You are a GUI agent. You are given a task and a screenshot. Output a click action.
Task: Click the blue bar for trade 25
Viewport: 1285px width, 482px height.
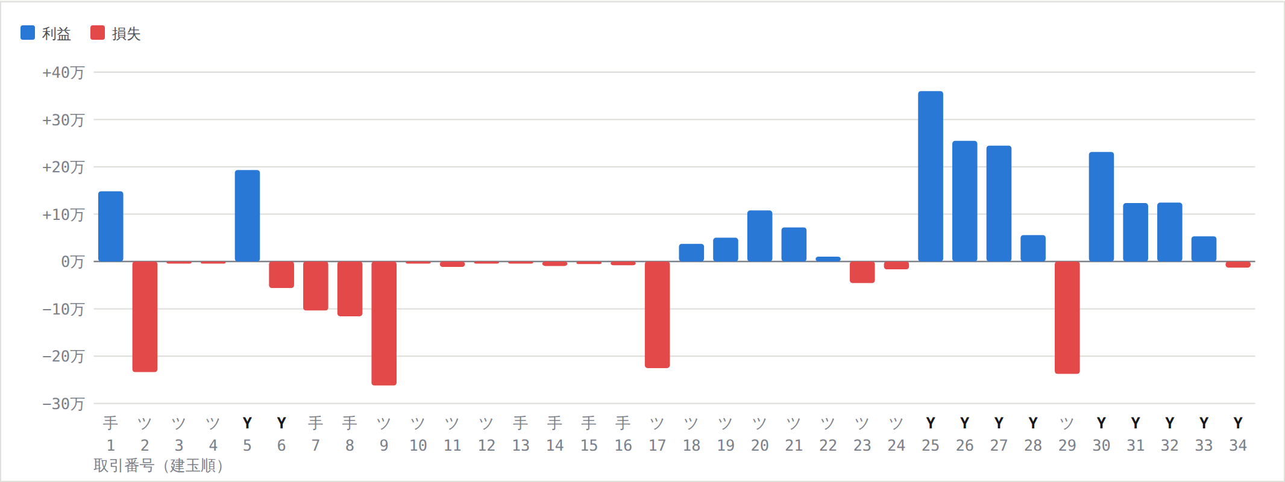click(x=931, y=176)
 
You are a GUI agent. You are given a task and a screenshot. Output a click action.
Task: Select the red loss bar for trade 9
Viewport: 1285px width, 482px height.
click(x=384, y=323)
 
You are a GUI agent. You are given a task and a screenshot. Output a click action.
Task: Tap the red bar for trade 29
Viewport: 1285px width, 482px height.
click(x=1067, y=318)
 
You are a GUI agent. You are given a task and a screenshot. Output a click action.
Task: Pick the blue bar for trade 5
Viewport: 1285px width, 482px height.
click(x=247, y=216)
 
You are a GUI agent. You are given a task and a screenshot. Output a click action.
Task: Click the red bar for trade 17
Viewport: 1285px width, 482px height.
click(x=657, y=315)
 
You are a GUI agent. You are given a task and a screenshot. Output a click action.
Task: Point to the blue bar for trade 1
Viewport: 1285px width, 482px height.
click(x=111, y=227)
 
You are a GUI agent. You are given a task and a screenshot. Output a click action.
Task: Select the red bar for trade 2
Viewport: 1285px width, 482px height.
click(x=145, y=316)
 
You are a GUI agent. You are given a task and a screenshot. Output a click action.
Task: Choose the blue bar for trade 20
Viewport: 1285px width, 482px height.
click(x=760, y=236)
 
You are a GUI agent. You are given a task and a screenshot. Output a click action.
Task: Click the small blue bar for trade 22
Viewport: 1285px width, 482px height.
click(x=828, y=259)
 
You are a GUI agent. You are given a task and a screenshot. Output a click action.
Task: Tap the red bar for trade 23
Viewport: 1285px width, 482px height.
click(x=862, y=272)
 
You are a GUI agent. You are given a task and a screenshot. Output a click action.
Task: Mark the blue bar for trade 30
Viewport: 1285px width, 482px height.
click(x=1102, y=207)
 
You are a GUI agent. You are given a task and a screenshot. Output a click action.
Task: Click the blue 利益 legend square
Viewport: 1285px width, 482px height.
click(x=28, y=33)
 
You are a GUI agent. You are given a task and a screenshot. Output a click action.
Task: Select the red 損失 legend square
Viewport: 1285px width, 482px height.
click(x=98, y=33)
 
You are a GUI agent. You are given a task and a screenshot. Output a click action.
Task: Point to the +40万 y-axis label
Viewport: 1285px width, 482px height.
click(x=63, y=72)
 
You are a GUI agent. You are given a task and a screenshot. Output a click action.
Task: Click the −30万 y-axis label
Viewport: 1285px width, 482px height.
click(x=63, y=404)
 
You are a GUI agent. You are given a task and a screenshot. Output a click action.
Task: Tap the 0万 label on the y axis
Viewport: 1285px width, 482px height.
click(x=72, y=261)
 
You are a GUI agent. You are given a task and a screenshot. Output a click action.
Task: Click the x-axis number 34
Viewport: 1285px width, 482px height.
click(x=1238, y=445)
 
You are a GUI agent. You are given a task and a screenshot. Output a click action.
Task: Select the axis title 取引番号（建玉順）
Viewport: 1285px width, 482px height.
click(x=159, y=466)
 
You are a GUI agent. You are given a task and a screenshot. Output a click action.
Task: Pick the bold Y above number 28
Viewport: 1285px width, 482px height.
click(x=1033, y=423)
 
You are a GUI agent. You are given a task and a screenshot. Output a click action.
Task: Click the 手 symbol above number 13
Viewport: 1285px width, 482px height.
click(x=521, y=423)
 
